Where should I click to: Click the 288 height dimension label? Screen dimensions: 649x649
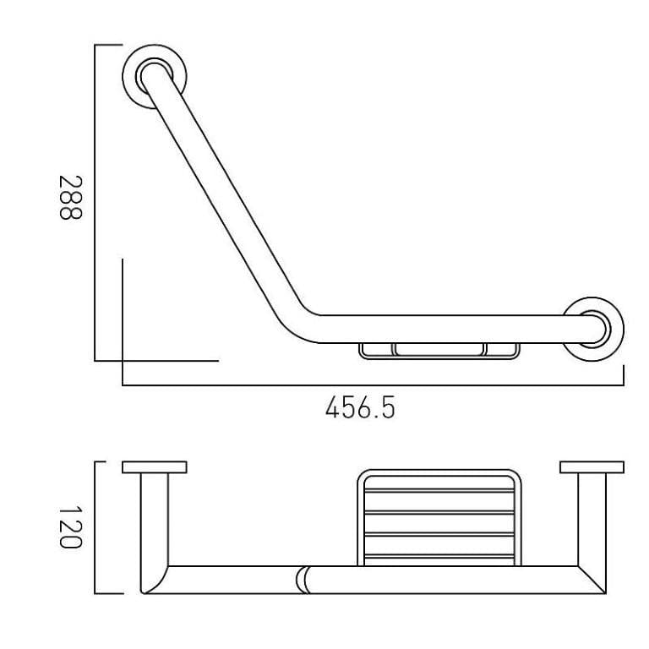click(x=70, y=199)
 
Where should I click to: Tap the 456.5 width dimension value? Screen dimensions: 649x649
click(x=360, y=409)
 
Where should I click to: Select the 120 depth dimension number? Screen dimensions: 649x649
click(x=70, y=527)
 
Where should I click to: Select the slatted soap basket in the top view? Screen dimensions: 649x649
click(x=438, y=517)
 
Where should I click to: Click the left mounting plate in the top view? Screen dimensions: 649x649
click(x=154, y=467)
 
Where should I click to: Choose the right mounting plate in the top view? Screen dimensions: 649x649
click(x=592, y=467)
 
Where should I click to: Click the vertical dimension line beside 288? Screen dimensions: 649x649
click(x=95, y=203)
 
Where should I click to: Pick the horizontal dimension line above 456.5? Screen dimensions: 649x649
click(x=372, y=386)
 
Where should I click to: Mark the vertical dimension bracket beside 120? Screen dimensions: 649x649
click(x=95, y=527)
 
